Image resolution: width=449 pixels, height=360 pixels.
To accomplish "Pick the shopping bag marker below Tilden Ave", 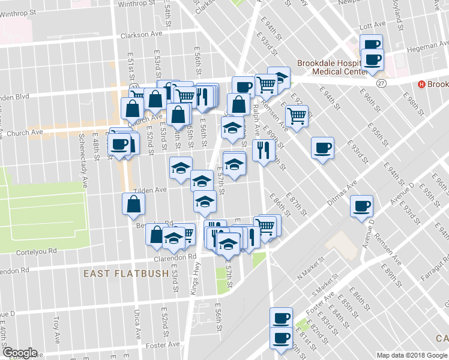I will click(133, 205).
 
